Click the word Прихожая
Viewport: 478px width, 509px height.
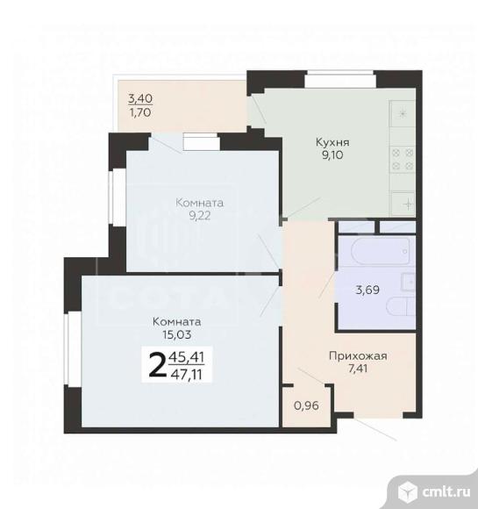[x=358, y=356]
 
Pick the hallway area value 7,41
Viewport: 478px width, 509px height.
[x=358, y=370]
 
